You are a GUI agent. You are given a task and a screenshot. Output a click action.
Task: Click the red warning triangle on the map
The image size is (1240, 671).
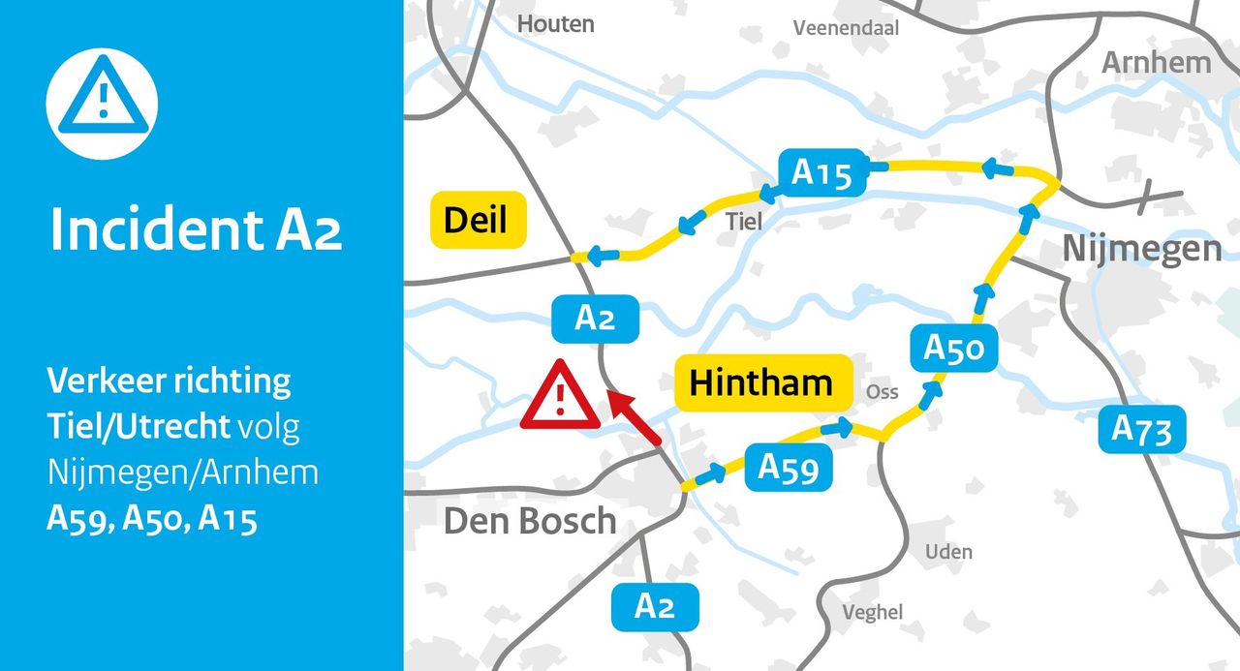click(561, 395)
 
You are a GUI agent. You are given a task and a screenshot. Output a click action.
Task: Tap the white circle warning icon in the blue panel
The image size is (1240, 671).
click(102, 104)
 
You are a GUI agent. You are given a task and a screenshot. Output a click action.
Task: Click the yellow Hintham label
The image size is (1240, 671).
click(761, 382)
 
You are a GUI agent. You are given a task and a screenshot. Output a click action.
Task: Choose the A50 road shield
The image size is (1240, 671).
click(954, 348)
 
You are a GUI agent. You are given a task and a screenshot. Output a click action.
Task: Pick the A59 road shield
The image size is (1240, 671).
click(789, 468)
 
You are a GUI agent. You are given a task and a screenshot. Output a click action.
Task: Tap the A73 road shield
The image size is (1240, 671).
click(1141, 429)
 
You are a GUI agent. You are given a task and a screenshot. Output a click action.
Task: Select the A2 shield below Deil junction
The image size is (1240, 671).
click(595, 319)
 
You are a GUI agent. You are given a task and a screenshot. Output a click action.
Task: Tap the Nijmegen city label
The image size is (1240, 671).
click(1142, 249)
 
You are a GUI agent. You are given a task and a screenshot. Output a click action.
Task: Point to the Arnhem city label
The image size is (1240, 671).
click(1157, 63)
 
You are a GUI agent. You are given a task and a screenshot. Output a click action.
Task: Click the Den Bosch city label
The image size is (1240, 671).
click(530, 521)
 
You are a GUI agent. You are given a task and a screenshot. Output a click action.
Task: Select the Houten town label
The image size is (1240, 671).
click(555, 24)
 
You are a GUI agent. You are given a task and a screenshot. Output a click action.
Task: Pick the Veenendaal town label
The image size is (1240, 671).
click(846, 28)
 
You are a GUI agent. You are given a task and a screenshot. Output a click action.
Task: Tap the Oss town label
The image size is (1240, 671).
click(882, 392)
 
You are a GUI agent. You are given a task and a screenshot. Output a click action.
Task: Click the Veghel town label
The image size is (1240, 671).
click(872, 612)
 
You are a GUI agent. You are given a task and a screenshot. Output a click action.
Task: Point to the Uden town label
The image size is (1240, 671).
click(948, 552)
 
